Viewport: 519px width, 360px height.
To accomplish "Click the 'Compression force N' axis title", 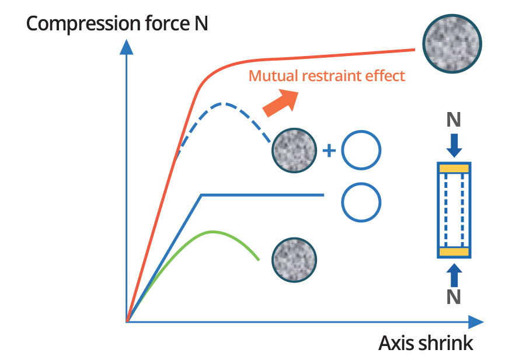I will pos(117,24).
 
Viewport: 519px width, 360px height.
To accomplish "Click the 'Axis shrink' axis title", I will pos(426,342).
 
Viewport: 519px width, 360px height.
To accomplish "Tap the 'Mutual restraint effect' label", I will pos(326,76).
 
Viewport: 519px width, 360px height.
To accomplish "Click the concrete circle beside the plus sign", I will pos(295,150).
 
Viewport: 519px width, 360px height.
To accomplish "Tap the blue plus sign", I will pos(329,151).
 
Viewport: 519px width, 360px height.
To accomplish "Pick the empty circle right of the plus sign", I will pos(361,150).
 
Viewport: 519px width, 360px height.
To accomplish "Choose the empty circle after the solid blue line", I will pos(361,202).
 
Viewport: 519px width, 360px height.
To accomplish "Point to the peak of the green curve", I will pos(213,232).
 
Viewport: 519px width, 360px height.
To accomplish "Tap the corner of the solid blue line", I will pos(201,194).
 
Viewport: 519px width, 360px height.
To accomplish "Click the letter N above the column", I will pos(454,120).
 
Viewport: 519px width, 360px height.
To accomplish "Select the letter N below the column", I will pos(454,296).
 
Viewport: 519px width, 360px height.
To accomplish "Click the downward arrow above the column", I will pos(454,144).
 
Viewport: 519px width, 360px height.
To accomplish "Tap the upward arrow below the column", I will pos(454,274).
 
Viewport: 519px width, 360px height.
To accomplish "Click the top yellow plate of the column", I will pos(454,169).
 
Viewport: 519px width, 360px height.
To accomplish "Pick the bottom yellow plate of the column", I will pos(454,251).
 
